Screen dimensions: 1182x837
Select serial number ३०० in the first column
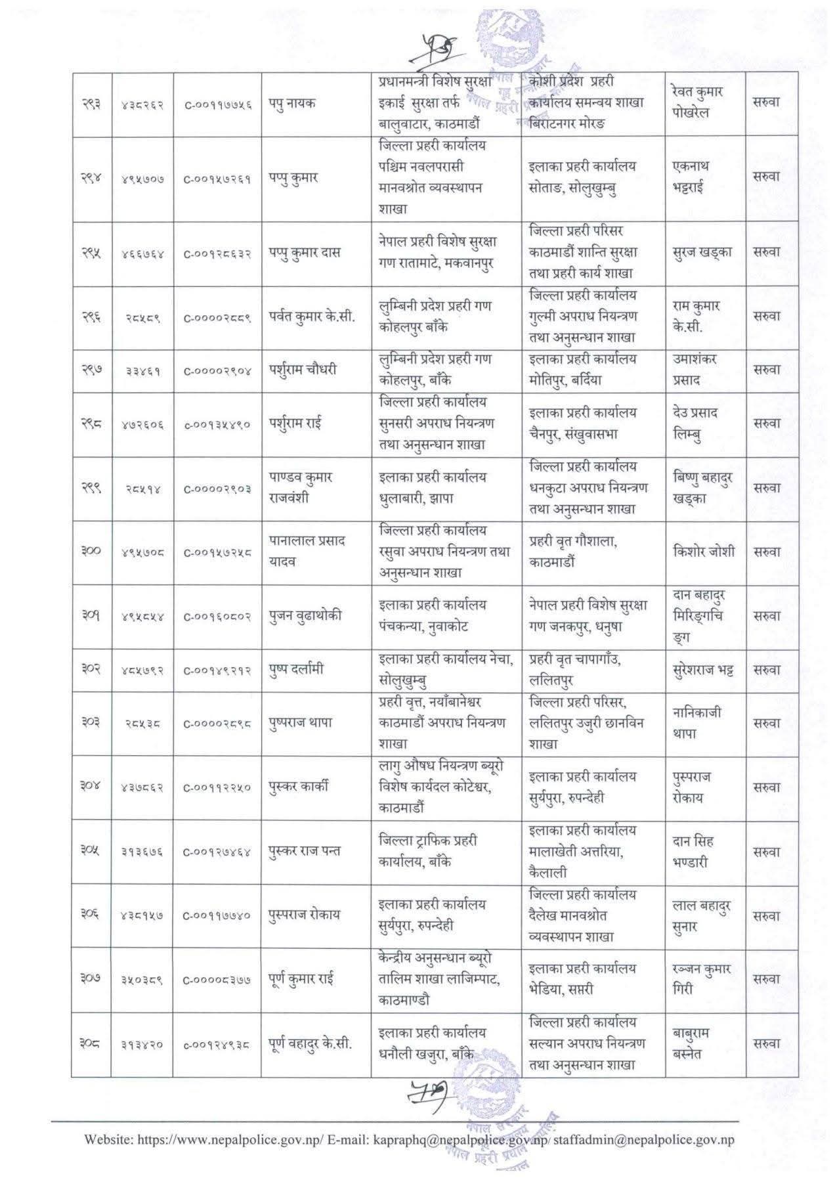click(91, 552)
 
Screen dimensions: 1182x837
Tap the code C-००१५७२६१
click(217, 179)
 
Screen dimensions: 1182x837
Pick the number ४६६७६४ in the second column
click(143, 253)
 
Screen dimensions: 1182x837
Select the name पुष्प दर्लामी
click(296, 670)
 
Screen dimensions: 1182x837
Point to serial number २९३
click(91, 104)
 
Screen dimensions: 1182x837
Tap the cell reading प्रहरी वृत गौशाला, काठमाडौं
click(572, 552)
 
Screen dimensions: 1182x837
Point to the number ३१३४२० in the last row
click(143, 1043)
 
